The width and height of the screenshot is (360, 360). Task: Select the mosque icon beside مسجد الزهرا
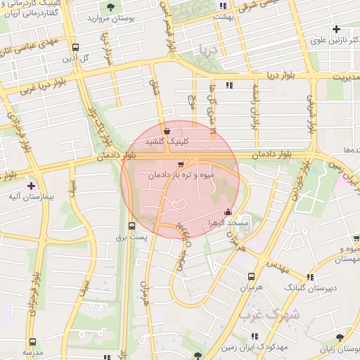pos(227,213)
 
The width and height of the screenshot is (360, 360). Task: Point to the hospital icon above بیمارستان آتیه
pos(31,186)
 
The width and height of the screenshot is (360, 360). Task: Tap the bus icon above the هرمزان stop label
pos(252,276)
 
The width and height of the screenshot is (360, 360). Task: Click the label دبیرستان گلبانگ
pos(310,288)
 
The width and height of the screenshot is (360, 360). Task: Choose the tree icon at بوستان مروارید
pos(110,7)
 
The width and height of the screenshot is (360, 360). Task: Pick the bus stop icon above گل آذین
pos(75,47)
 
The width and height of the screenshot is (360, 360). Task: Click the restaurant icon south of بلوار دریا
pos(229,85)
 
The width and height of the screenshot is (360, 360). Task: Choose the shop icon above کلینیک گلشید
pos(167,130)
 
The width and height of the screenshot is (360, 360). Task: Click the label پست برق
pos(131,238)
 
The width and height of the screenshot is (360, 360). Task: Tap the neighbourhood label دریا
pos(209,50)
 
